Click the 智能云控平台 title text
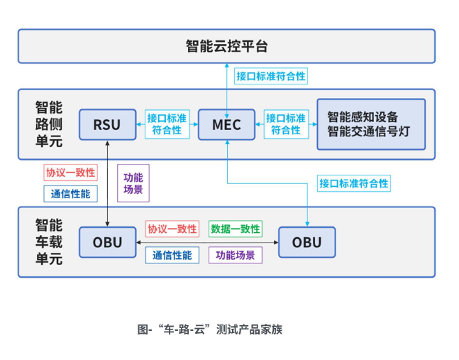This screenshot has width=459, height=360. [x=226, y=46]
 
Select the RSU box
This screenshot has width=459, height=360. [x=107, y=124]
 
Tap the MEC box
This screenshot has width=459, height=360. [x=226, y=124]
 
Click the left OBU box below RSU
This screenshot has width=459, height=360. [x=107, y=242]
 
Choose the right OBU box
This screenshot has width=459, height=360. [x=306, y=242]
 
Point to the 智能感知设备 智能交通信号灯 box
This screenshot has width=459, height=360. [x=371, y=124]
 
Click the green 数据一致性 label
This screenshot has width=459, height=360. [x=236, y=229]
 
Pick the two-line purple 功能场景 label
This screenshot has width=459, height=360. [x=133, y=183]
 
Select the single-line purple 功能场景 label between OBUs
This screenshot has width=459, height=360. [x=236, y=255]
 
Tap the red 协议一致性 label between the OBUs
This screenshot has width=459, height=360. [x=172, y=229]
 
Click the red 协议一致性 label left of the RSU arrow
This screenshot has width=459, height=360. [x=70, y=173]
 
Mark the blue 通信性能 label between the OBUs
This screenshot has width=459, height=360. [x=172, y=255]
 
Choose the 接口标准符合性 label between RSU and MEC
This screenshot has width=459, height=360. [x=167, y=124]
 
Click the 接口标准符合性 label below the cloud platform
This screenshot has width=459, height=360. [x=271, y=76]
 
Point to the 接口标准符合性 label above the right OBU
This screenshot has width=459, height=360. [x=354, y=183]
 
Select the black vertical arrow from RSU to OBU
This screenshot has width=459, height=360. [x=107, y=184]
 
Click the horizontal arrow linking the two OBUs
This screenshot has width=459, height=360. [x=207, y=243]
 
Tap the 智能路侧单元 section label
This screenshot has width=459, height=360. [x=49, y=124]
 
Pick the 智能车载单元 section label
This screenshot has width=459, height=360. [x=49, y=242]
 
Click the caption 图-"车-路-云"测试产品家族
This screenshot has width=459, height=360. [x=210, y=329]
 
